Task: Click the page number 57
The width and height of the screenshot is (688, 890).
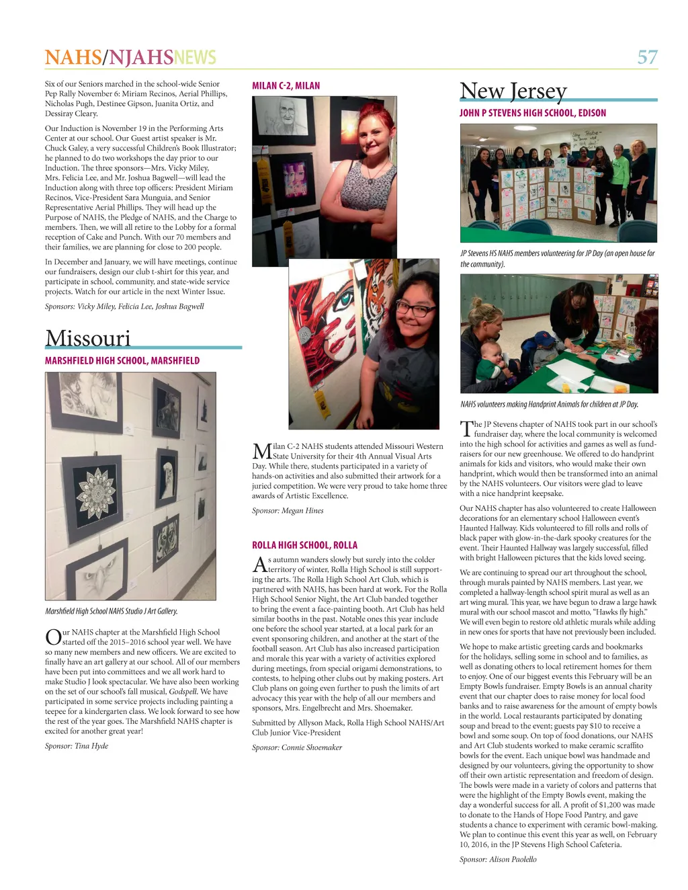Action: click(647, 57)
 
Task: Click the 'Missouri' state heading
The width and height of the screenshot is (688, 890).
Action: click(88, 338)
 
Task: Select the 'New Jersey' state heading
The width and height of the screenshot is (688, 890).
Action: click(513, 91)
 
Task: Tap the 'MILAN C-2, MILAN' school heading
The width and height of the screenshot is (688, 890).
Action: click(286, 86)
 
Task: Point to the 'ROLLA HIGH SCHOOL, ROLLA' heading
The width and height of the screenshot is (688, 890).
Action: click(304, 545)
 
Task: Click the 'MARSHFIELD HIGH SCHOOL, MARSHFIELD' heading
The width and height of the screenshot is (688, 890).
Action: click(122, 361)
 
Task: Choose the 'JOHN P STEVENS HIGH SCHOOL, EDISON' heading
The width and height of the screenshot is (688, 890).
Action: click(532, 113)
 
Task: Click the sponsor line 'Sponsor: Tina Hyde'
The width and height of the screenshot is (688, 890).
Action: click(77, 745)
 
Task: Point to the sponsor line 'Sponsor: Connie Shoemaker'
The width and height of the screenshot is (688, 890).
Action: click(297, 747)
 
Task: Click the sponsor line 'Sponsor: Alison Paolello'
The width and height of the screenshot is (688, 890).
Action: click(498, 859)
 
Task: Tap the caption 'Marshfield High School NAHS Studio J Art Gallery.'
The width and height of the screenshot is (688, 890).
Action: click(112, 611)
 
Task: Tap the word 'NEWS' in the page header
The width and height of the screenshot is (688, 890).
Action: click(195, 57)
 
